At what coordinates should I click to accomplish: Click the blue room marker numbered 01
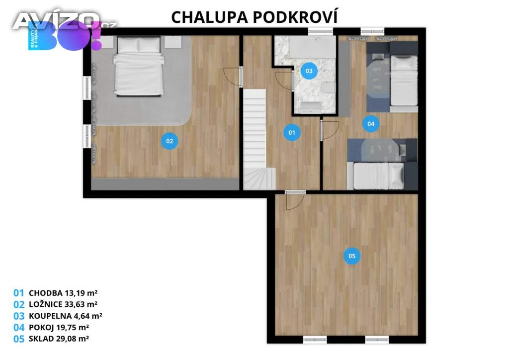pyautogui.click(x=292, y=132)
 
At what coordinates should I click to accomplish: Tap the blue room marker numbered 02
pyautogui.click(x=170, y=141)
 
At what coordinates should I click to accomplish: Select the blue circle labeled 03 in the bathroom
pyautogui.click(x=309, y=71)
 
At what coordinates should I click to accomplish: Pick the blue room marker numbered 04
pyautogui.click(x=371, y=124)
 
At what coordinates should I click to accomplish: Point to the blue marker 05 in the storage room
pyautogui.click(x=352, y=256)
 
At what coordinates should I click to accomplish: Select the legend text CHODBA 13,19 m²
pyautogui.click(x=63, y=293)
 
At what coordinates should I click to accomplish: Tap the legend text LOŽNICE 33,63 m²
pyautogui.click(x=63, y=304)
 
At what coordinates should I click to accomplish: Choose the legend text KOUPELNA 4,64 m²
pyautogui.click(x=65, y=316)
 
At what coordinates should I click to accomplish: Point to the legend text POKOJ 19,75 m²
pyautogui.click(x=59, y=327)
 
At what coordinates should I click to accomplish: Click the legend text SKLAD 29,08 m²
pyautogui.click(x=59, y=339)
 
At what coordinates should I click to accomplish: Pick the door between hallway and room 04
pyautogui.click(x=330, y=130)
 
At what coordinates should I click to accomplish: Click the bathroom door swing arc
pyautogui.click(x=284, y=80)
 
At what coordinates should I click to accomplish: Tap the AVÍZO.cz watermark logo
pyautogui.click(x=65, y=21)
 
